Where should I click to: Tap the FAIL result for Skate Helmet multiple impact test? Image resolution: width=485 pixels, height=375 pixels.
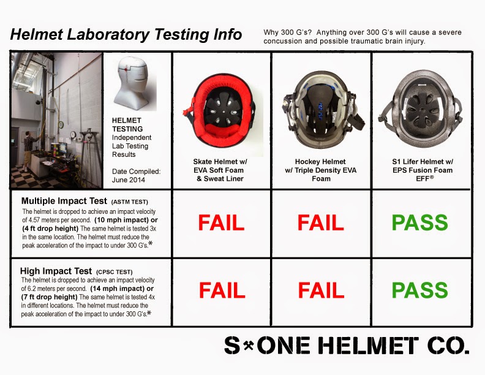(221, 223)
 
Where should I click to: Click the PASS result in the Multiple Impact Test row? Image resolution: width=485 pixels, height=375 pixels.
(419, 223)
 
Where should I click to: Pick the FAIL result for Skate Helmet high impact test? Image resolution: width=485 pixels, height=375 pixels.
(221, 290)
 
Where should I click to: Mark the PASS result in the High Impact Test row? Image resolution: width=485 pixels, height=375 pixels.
(419, 290)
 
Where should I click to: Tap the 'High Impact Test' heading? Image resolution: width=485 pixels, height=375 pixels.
(56, 271)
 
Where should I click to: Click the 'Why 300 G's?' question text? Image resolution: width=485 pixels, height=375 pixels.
(291, 32)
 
